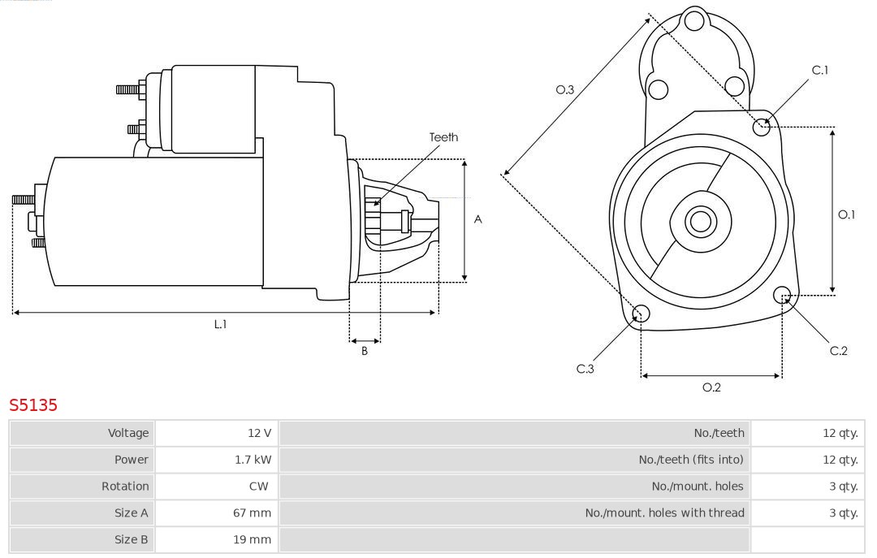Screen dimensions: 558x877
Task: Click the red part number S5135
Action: [x=33, y=404]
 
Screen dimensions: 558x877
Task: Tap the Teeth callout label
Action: [x=443, y=137]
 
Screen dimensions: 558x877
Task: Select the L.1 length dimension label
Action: [x=220, y=324]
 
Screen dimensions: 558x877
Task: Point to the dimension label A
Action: [x=478, y=219]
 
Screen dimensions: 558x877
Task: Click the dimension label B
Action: [x=365, y=351]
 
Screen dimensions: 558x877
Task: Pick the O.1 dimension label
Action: [x=846, y=214]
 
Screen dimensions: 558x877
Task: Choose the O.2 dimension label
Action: [x=711, y=387]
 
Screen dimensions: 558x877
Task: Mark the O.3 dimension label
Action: [x=565, y=90]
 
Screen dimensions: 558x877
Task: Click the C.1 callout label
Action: [x=820, y=70]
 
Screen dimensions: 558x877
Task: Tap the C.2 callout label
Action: [x=838, y=351]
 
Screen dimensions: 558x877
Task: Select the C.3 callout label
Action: [x=585, y=369]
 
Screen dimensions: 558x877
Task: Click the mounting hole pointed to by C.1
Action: [x=762, y=126]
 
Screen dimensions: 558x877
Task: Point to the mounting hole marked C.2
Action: [x=783, y=294]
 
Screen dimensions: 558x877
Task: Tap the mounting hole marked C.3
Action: [x=641, y=314]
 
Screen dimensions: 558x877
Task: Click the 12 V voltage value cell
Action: [x=260, y=433]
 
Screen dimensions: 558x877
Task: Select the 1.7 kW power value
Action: [x=253, y=460]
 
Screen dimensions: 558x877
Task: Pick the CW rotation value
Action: [x=259, y=487]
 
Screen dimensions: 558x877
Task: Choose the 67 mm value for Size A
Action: [x=253, y=513]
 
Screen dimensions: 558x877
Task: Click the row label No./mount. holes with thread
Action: [x=664, y=513]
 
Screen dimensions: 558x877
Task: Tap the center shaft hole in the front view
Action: [x=699, y=221]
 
